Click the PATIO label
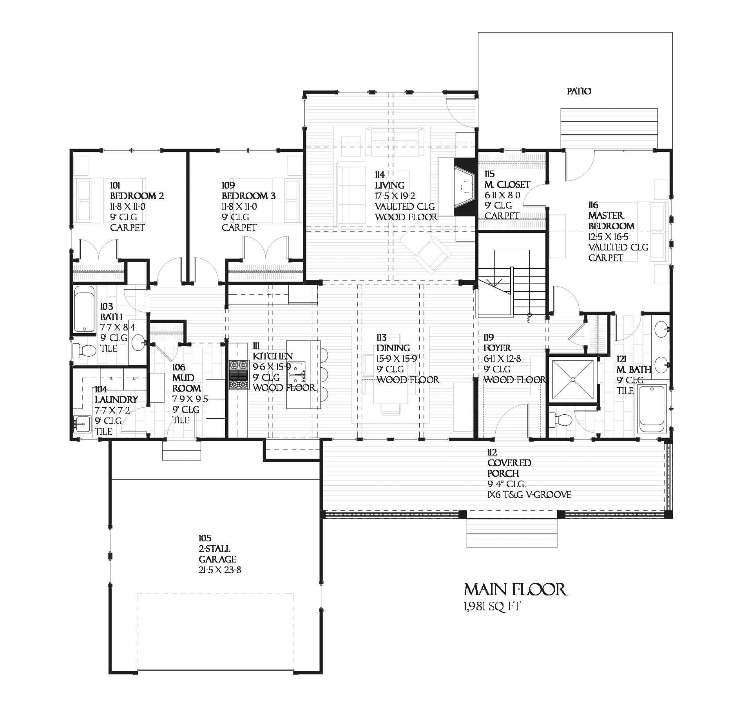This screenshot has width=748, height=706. tap(579, 91)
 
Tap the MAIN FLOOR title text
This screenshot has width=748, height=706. tap(515, 590)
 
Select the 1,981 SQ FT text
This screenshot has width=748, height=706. tap(491, 607)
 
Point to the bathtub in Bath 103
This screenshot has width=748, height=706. tap(84, 309)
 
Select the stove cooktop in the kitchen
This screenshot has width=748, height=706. tap(239, 375)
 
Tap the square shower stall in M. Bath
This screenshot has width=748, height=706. tap(573, 379)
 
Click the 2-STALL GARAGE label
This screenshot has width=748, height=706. tap(217, 554)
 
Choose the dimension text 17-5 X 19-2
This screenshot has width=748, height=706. tap(395, 196)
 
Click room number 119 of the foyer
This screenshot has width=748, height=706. tap(488, 338)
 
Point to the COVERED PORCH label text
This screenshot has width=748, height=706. tap(509, 468)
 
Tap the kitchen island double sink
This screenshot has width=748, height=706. tap(296, 374)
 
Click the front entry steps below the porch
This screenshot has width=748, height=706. tap(512, 533)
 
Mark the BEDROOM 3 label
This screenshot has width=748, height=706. tap(248, 196)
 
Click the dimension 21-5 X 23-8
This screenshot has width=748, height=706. tap(219, 570)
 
